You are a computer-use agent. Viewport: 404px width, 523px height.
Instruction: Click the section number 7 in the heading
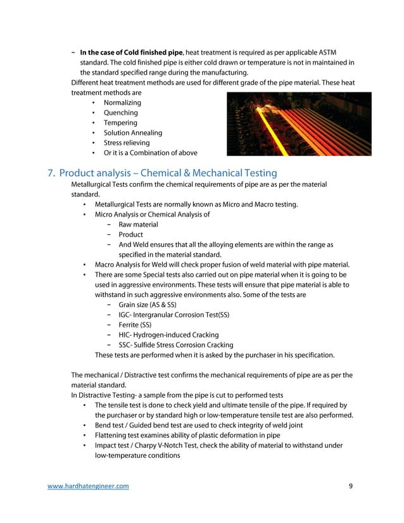[x=51, y=173]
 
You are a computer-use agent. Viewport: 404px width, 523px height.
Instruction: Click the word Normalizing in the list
[x=122, y=103]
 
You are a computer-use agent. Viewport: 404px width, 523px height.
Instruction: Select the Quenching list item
[x=120, y=113]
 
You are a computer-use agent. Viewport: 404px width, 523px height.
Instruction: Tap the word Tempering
[x=120, y=123]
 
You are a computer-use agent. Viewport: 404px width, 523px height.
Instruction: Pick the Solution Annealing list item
[x=132, y=133]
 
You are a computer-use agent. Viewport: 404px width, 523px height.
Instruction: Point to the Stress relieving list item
[x=127, y=143]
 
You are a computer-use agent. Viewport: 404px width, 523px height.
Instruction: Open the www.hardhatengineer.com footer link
[x=89, y=486]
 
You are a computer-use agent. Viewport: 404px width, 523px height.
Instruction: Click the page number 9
[x=351, y=486]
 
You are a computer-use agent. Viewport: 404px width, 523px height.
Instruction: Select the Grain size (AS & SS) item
[x=148, y=305]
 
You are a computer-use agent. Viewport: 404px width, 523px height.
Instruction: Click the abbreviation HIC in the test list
[x=125, y=336]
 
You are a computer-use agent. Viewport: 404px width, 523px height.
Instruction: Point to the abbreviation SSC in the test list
[x=125, y=346]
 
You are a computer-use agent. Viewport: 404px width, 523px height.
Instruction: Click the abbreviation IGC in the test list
[x=125, y=315]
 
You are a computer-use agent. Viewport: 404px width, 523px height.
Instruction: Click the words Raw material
[x=138, y=225]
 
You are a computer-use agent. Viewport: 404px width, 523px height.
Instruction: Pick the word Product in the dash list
[x=130, y=235]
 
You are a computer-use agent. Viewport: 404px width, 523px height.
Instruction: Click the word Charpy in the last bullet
[x=149, y=445]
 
